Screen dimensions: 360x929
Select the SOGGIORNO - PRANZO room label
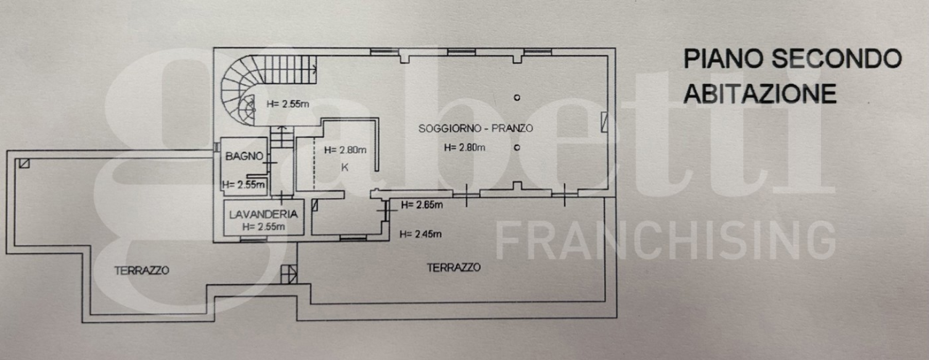tap(476, 128)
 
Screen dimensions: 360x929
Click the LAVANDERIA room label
tap(263, 214)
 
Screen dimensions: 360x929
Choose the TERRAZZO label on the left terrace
tap(142, 270)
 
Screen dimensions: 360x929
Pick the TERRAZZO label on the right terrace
tap(454, 267)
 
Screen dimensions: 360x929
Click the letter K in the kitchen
tap(345, 167)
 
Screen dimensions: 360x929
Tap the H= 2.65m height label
tap(421, 205)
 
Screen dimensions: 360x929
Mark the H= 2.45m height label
tap(421, 234)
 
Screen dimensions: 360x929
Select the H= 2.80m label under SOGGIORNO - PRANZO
tap(465, 147)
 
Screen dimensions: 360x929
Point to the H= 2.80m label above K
tap(345, 150)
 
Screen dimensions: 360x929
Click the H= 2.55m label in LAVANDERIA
tap(263, 226)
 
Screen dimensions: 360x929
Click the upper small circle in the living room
tap(517, 97)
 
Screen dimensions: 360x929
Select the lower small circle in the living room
tap(517, 147)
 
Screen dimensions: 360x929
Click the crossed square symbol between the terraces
tap(288, 274)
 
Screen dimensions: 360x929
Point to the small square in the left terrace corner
tap(24, 163)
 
